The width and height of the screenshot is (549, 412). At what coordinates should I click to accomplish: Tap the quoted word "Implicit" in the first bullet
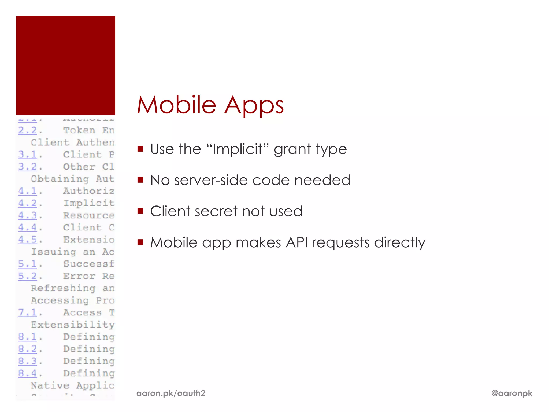click(x=238, y=149)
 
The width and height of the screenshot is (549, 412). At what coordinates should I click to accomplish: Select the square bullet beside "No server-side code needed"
click(x=140, y=180)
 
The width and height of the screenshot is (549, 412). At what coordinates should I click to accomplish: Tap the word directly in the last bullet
click(x=399, y=243)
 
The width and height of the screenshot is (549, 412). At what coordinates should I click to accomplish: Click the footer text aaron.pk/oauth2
click(x=171, y=393)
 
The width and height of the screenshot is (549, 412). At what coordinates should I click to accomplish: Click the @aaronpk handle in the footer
click(x=512, y=393)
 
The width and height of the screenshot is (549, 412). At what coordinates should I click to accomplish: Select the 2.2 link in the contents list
click(x=27, y=130)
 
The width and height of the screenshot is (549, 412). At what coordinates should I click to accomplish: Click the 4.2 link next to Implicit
click(x=27, y=203)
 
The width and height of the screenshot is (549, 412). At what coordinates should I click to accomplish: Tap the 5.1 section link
click(x=27, y=264)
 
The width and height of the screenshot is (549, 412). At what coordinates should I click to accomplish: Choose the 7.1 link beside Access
click(x=27, y=312)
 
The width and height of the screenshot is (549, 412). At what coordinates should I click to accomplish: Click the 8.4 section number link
click(x=27, y=373)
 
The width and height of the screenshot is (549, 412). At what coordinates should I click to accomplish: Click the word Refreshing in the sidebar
click(x=63, y=288)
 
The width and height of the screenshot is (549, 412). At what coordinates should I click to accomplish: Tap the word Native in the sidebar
click(x=50, y=385)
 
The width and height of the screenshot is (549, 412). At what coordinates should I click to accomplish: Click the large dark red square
click(x=66, y=65)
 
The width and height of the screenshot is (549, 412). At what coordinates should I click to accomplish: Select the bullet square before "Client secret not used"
click(x=140, y=211)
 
